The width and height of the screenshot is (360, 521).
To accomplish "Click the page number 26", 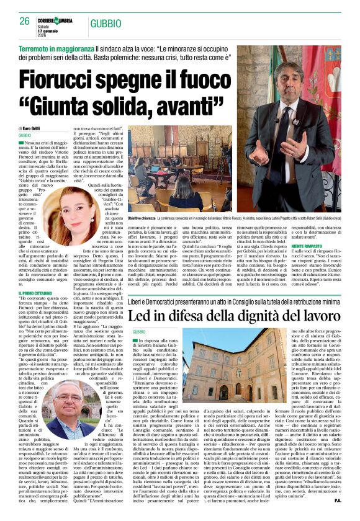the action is tap(24, 20).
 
